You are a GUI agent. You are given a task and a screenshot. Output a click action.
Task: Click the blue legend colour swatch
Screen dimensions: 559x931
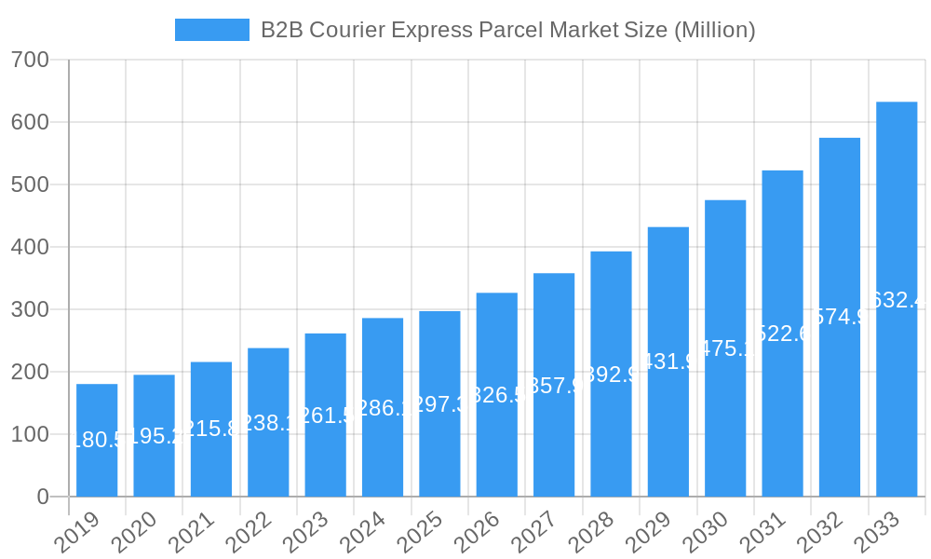click(x=211, y=30)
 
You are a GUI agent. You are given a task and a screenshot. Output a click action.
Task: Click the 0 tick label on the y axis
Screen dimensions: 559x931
click(x=43, y=497)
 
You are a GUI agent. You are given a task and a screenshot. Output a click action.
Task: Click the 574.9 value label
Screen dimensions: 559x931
click(x=840, y=317)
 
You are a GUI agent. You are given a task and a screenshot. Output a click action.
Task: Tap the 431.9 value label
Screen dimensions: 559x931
click(x=668, y=361)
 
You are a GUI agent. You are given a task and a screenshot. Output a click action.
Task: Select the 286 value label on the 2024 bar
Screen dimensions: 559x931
click(x=383, y=407)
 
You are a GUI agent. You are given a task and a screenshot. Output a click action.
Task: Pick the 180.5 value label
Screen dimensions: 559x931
click(x=97, y=440)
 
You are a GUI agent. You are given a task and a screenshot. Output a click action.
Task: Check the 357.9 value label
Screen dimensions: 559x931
click(x=554, y=385)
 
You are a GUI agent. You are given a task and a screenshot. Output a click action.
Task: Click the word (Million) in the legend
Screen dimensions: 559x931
click(x=714, y=30)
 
